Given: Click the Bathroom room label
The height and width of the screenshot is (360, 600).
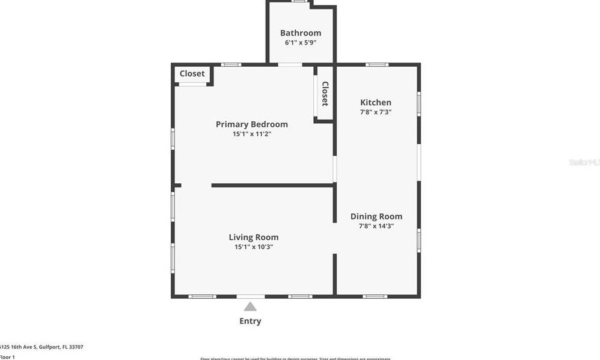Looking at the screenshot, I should (x=301, y=33).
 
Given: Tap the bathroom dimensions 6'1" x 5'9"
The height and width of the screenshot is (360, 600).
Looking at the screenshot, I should (x=301, y=43).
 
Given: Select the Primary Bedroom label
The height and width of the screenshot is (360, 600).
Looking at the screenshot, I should (x=252, y=124).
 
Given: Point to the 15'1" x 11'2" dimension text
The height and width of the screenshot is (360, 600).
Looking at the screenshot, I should (x=252, y=134).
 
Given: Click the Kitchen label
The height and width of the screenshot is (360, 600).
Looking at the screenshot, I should (x=376, y=103).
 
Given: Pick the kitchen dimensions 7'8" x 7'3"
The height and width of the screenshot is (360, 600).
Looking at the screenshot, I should (x=376, y=112).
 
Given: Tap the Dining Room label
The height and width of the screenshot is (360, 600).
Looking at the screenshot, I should (x=376, y=216).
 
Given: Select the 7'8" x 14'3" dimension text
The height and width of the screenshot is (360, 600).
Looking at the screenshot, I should (x=376, y=227).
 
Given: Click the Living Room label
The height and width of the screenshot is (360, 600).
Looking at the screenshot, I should (x=254, y=237).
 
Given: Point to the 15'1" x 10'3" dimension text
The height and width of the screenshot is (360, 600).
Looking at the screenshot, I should (x=254, y=247).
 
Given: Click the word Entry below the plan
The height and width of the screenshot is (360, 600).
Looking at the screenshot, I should (x=250, y=321).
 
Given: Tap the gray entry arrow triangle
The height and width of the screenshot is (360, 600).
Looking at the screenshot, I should (x=250, y=307).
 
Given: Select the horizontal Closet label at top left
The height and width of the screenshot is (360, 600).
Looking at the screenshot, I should (x=192, y=74).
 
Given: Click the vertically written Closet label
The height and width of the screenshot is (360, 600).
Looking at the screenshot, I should (x=325, y=94).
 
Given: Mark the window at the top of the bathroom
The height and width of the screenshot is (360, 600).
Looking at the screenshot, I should (x=301, y=1).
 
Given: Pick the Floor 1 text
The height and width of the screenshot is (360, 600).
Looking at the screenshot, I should (x=7, y=357).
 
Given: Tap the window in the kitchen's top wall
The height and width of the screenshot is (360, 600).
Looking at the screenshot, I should (x=377, y=64).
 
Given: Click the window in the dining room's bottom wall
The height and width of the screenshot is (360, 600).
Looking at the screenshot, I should (x=375, y=296).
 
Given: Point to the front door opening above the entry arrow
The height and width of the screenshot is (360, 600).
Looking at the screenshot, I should (x=250, y=296).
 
